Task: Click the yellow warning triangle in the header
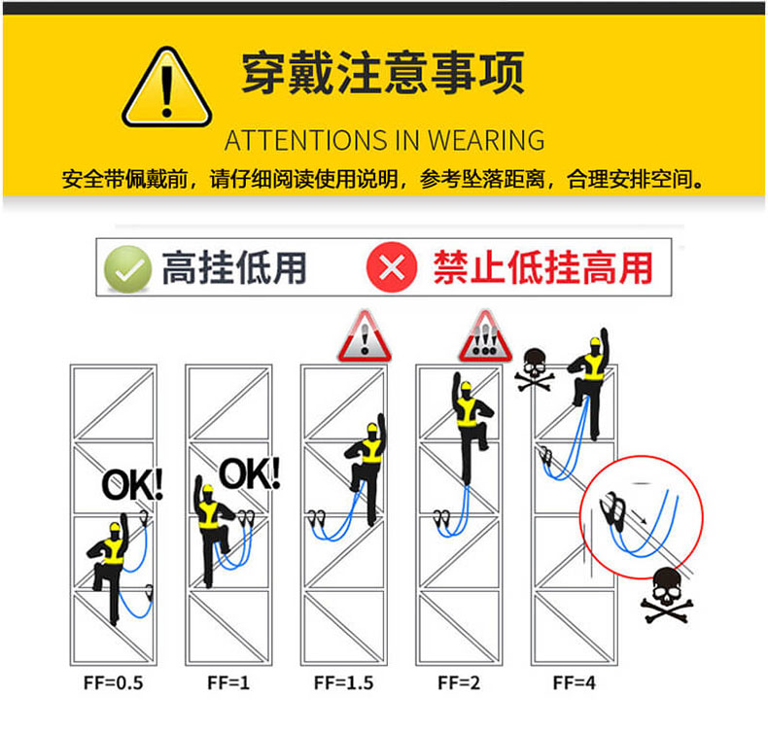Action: coord(166,88)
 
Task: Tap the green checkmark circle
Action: coord(127,269)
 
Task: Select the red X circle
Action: coord(392,267)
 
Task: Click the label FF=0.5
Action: coord(113,682)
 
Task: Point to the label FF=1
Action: coord(228,682)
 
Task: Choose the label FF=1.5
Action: coord(344,682)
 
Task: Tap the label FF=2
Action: coord(459,682)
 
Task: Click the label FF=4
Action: coord(574,682)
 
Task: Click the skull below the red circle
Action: coord(667,595)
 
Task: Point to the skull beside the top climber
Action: coord(535,369)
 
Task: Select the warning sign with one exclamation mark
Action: coord(365,337)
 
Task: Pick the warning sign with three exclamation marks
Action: coord(485,337)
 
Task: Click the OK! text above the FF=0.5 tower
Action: coord(132,485)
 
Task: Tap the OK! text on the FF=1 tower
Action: coord(250,473)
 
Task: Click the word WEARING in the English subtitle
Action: coord(486,141)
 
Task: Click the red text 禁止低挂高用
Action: coord(542,268)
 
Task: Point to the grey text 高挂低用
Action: coord(234,268)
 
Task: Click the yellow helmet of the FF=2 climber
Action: coord(466,386)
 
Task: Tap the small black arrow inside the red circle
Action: coord(639,516)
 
